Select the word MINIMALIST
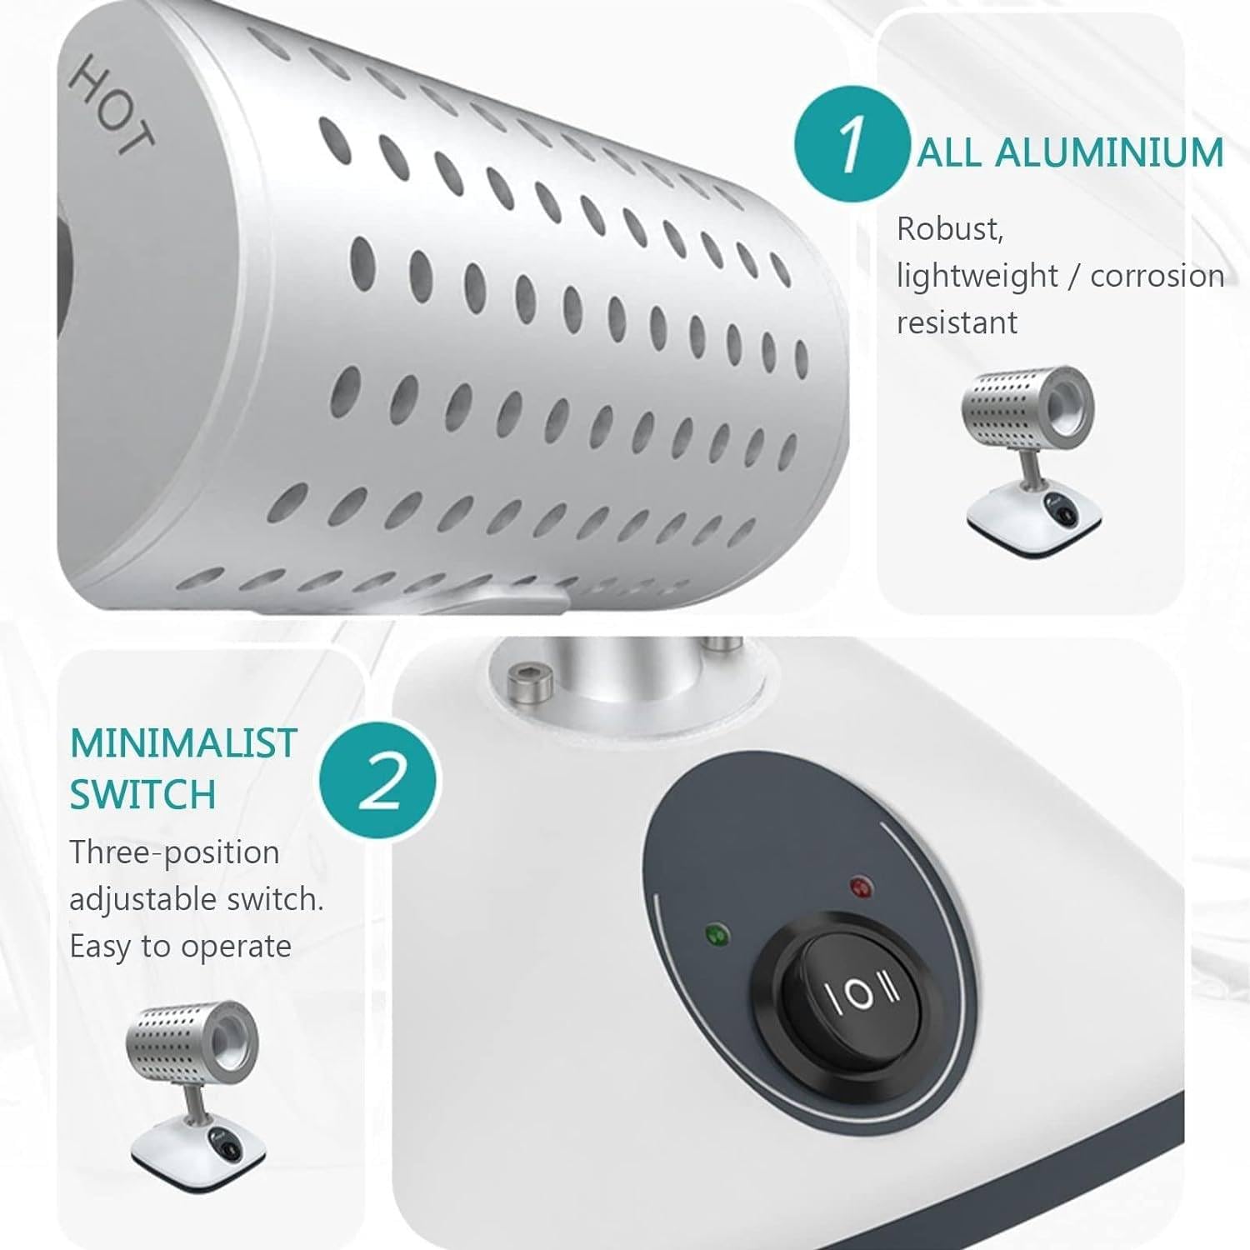click(183, 742)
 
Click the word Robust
click(950, 228)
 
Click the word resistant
click(957, 322)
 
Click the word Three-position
click(174, 853)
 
